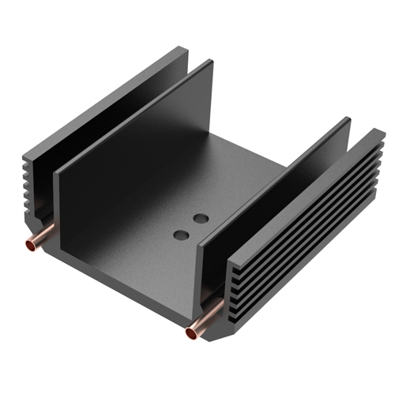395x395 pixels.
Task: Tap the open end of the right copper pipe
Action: [191, 333]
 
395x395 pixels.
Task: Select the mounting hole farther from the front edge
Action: [201, 216]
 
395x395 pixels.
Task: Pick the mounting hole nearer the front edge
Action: [181, 234]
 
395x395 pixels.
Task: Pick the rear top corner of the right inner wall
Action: [348, 119]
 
